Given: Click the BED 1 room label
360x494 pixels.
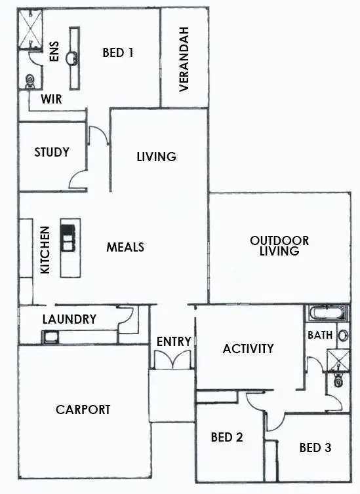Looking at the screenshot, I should click(118, 53).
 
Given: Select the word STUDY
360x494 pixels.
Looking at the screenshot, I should click(52, 152).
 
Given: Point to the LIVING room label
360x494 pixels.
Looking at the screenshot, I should click(156, 157).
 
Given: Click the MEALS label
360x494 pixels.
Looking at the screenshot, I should click(125, 247).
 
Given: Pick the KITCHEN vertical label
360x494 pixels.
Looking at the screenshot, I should click(45, 250).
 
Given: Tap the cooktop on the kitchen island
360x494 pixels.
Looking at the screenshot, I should click(68, 237).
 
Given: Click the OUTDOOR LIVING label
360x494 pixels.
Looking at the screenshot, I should click(279, 246).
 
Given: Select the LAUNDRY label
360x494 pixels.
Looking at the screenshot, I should click(69, 319).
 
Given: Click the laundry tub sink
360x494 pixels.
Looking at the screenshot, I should click(51, 337).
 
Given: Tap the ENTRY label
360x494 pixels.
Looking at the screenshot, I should click(174, 341).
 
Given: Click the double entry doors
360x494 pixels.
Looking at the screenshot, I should click(172, 360).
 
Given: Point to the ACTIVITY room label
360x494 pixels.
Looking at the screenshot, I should click(248, 349).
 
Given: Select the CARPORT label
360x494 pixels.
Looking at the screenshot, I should click(83, 409).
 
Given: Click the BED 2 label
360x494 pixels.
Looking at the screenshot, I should click(226, 437).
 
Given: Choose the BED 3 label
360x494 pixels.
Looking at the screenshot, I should click(315, 448).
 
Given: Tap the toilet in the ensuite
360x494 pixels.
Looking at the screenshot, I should click(29, 81).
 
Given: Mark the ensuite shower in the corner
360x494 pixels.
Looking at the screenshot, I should click(29, 30).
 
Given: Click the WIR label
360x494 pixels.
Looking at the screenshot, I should click(51, 100).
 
